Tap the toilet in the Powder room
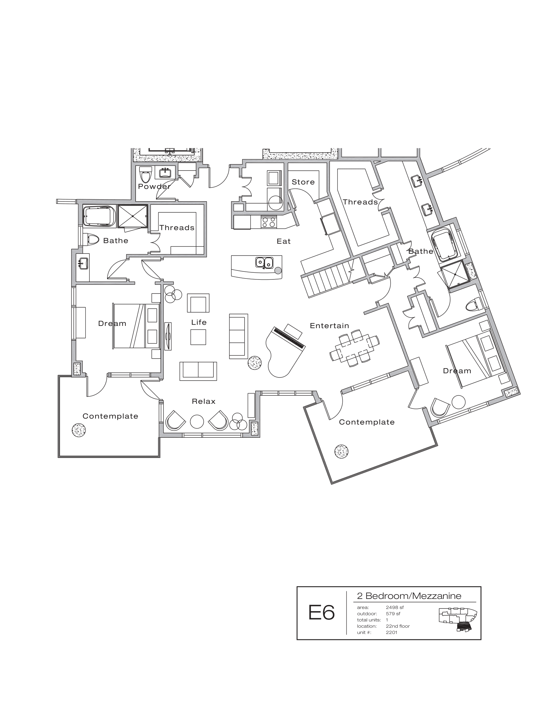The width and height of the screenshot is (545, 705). pyautogui.click(x=145, y=175)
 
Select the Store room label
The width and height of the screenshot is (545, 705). pyautogui.click(x=303, y=182)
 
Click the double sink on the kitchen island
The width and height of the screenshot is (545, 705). pyautogui.click(x=264, y=262)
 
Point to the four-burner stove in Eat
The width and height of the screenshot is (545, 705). pyautogui.click(x=269, y=222)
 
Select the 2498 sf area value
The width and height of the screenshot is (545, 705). pyautogui.click(x=395, y=607)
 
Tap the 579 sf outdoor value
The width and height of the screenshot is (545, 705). pyautogui.click(x=393, y=614)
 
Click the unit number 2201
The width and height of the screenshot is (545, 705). pyautogui.click(x=391, y=632)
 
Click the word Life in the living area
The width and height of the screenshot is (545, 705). pyautogui.click(x=198, y=322)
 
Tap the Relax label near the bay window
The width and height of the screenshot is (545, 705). pyautogui.click(x=203, y=401)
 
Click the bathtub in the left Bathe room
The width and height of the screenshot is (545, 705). pyautogui.click(x=99, y=216)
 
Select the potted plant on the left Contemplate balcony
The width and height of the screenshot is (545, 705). pyautogui.click(x=79, y=430)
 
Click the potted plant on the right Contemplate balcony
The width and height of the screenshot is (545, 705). pyautogui.click(x=341, y=451)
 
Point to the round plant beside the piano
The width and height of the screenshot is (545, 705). pyautogui.click(x=255, y=362)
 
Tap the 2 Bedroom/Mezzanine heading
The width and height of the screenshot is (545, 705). pyautogui.click(x=409, y=596)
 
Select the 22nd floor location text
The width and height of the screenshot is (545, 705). pyautogui.click(x=398, y=626)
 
